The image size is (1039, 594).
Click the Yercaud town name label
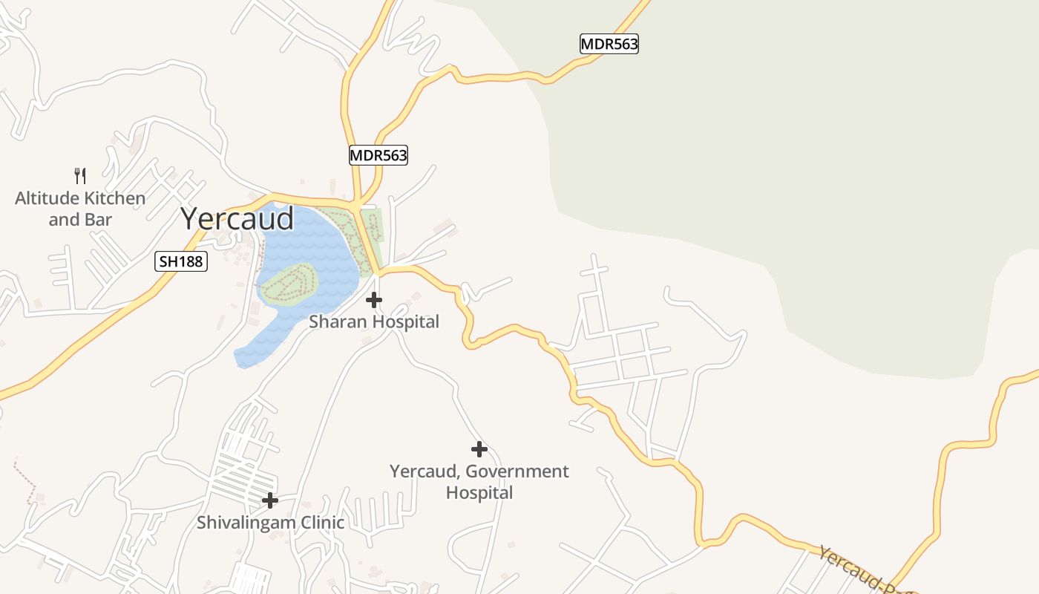[237, 218]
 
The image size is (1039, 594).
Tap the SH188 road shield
[180, 261]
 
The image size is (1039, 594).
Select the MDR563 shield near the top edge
[609, 44]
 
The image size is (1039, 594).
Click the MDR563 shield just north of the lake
[378, 155]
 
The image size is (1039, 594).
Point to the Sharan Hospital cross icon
[374, 300]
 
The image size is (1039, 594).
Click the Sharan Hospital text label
[374, 322]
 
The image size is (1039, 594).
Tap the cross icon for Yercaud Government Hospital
[479, 449]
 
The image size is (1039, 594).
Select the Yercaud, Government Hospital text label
[479, 481]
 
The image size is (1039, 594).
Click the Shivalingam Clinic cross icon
[270, 500]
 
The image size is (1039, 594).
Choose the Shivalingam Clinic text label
[270, 522]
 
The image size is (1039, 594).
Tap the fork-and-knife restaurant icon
[80, 176]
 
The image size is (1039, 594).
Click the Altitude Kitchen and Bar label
[80, 209]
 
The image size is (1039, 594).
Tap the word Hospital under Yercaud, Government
[479, 492]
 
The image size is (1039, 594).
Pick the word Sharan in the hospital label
[338, 322]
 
